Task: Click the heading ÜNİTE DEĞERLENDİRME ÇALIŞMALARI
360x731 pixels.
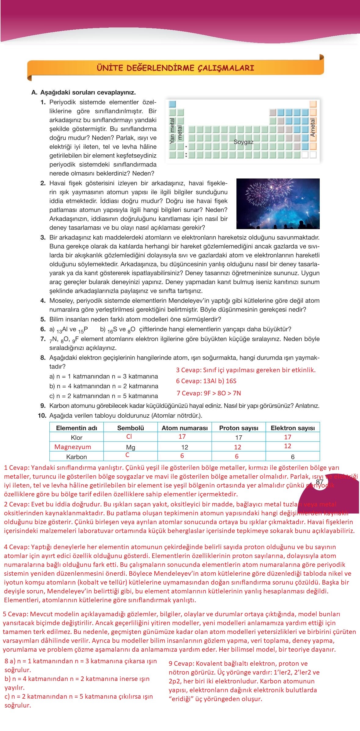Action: click(x=175, y=68)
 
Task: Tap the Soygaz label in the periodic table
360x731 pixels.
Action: click(x=243, y=142)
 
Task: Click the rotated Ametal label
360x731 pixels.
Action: click(x=312, y=127)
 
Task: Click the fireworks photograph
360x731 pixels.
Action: click(x=278, y=203)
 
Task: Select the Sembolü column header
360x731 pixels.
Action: click(x=130, y=428)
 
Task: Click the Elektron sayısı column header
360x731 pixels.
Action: click(x=292, y=428)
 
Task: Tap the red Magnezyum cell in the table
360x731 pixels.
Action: click(x=73, y=447)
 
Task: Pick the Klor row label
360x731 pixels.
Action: click(x=77, y=438)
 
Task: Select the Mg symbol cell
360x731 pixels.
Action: click(x=131, y=448)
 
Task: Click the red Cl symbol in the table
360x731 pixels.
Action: click(x=129, y=437)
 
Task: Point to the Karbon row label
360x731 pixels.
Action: click(x=77, y=457)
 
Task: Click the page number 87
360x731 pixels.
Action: click(x=320, y=482)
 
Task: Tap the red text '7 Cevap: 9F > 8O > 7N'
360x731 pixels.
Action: click(x=209, y=393)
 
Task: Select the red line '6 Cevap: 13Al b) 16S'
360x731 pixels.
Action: click(x=206, y=381)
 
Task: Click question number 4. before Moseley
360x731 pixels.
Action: click(x=43, y=301)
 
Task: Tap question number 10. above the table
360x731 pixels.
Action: click(x=42, y=416)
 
